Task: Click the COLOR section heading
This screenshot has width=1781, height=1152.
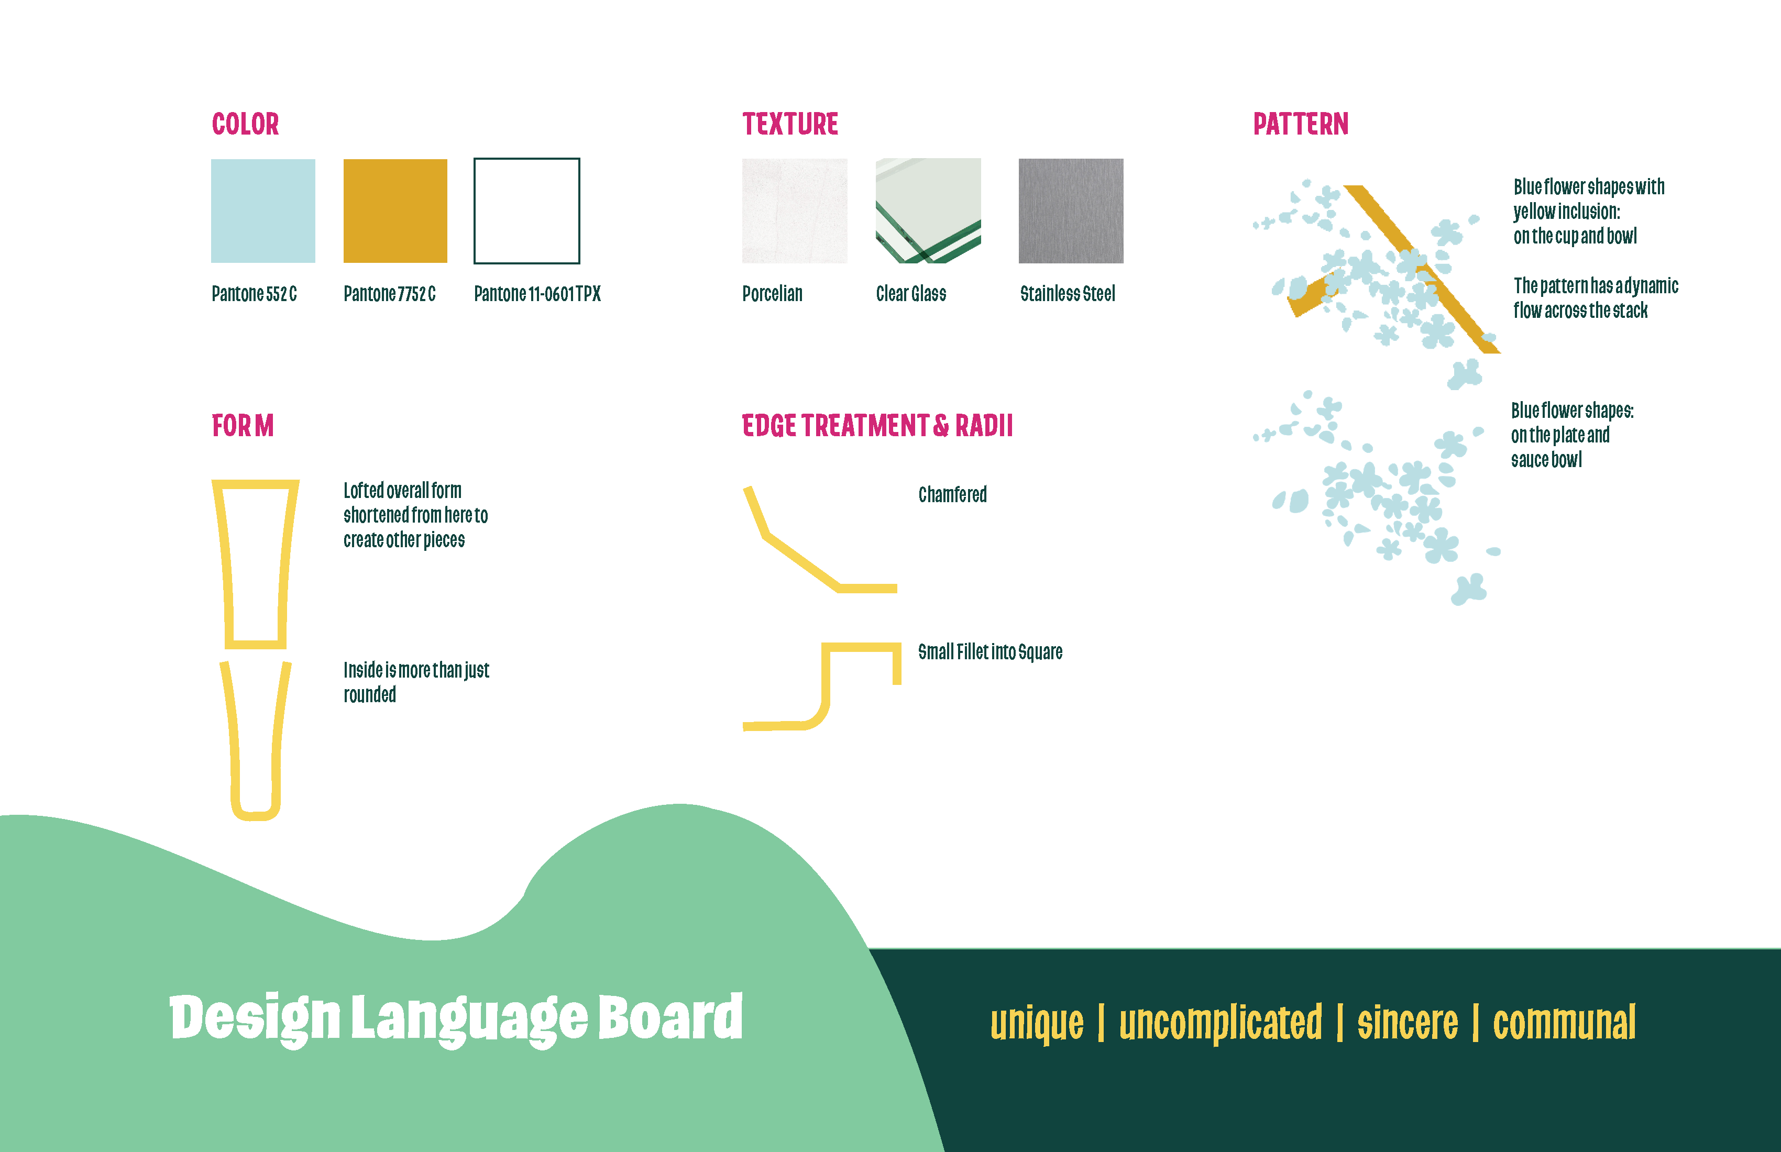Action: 246,124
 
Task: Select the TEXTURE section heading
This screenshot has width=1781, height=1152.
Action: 790,124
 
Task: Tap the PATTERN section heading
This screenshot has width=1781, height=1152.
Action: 1301,124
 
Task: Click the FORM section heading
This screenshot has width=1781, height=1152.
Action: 243,426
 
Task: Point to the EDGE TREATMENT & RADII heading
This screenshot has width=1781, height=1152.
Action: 877,426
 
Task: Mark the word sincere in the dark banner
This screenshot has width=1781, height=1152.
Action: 1408,1023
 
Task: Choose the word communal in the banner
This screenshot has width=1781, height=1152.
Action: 1564,1023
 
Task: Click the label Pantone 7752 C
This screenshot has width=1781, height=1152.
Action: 389,294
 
